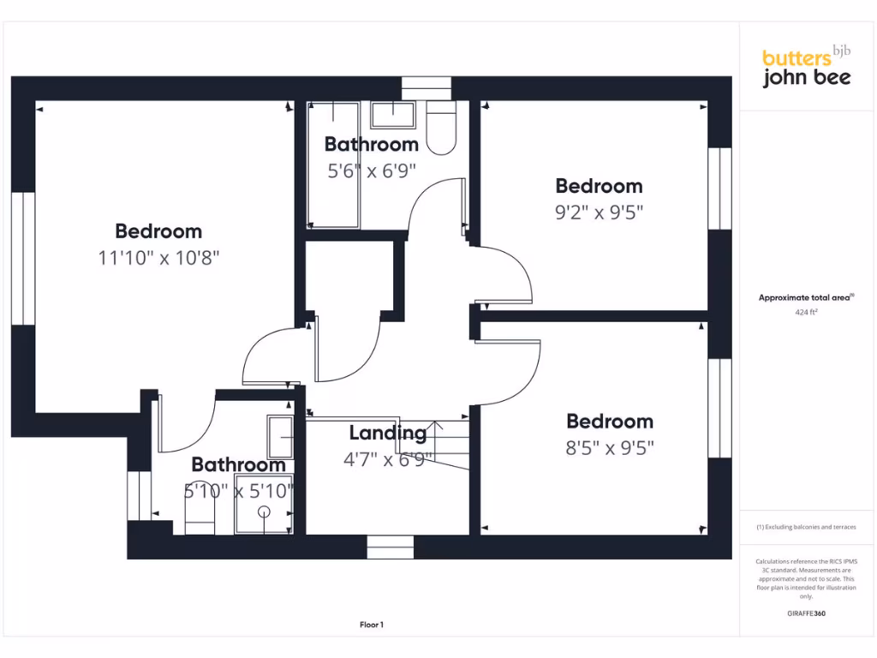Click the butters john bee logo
point(806,68)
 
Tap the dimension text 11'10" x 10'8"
point(159,257)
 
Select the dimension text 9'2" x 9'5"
point(599,212)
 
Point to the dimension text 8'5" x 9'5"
point(610,447)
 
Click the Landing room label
point(387,434)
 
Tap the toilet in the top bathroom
point(441,129)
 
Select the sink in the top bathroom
point(393,114)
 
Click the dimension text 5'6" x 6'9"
point(372,170)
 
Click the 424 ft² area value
point(806,313)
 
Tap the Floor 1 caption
point(372,625)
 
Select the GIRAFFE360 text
point(806,613)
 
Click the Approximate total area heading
point(806,297)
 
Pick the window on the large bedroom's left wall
point(23,258)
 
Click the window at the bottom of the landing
point(390,546)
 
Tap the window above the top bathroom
point(426,88)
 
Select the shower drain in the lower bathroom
point(264,511)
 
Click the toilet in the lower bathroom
point(200,517)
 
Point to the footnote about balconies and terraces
point(806,527)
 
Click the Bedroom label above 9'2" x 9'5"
point(599,186)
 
